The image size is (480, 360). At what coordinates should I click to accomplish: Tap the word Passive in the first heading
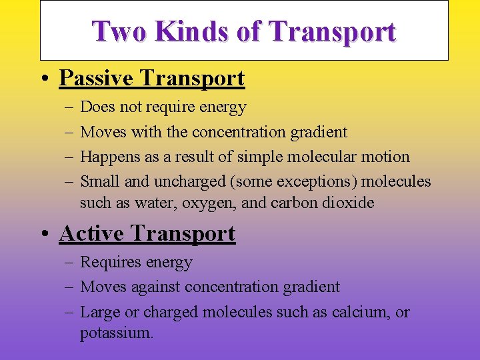97,79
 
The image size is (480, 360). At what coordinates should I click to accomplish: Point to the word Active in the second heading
93,234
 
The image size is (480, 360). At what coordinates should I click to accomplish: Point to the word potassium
116,333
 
